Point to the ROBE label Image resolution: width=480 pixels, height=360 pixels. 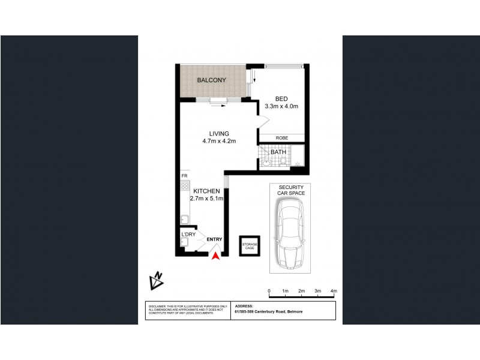tap(281, 138)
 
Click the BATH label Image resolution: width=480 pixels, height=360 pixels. tap(278, 152)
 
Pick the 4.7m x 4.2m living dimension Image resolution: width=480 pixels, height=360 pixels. tap(218, 142)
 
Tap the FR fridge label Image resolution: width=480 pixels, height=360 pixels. tap(185, 176)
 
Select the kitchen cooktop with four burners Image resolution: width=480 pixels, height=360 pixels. tap(185, 186)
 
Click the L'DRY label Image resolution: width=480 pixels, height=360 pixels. tap(187, 233)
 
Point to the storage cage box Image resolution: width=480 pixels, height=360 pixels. tap(250, 245)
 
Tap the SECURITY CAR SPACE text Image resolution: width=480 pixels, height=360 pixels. tap(290, 190)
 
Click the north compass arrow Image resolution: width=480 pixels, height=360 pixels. tap(158, 280)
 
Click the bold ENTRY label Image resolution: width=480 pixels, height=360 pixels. tap(214, 239)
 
